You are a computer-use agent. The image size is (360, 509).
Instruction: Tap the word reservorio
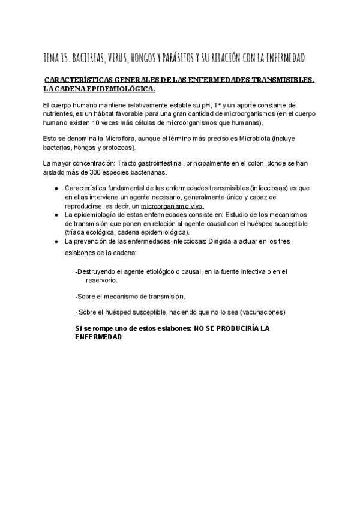coord(101,280)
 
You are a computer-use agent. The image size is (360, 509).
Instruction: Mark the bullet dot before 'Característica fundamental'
coord(56,188)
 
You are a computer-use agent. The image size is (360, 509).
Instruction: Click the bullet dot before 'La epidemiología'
coord(56,215)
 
